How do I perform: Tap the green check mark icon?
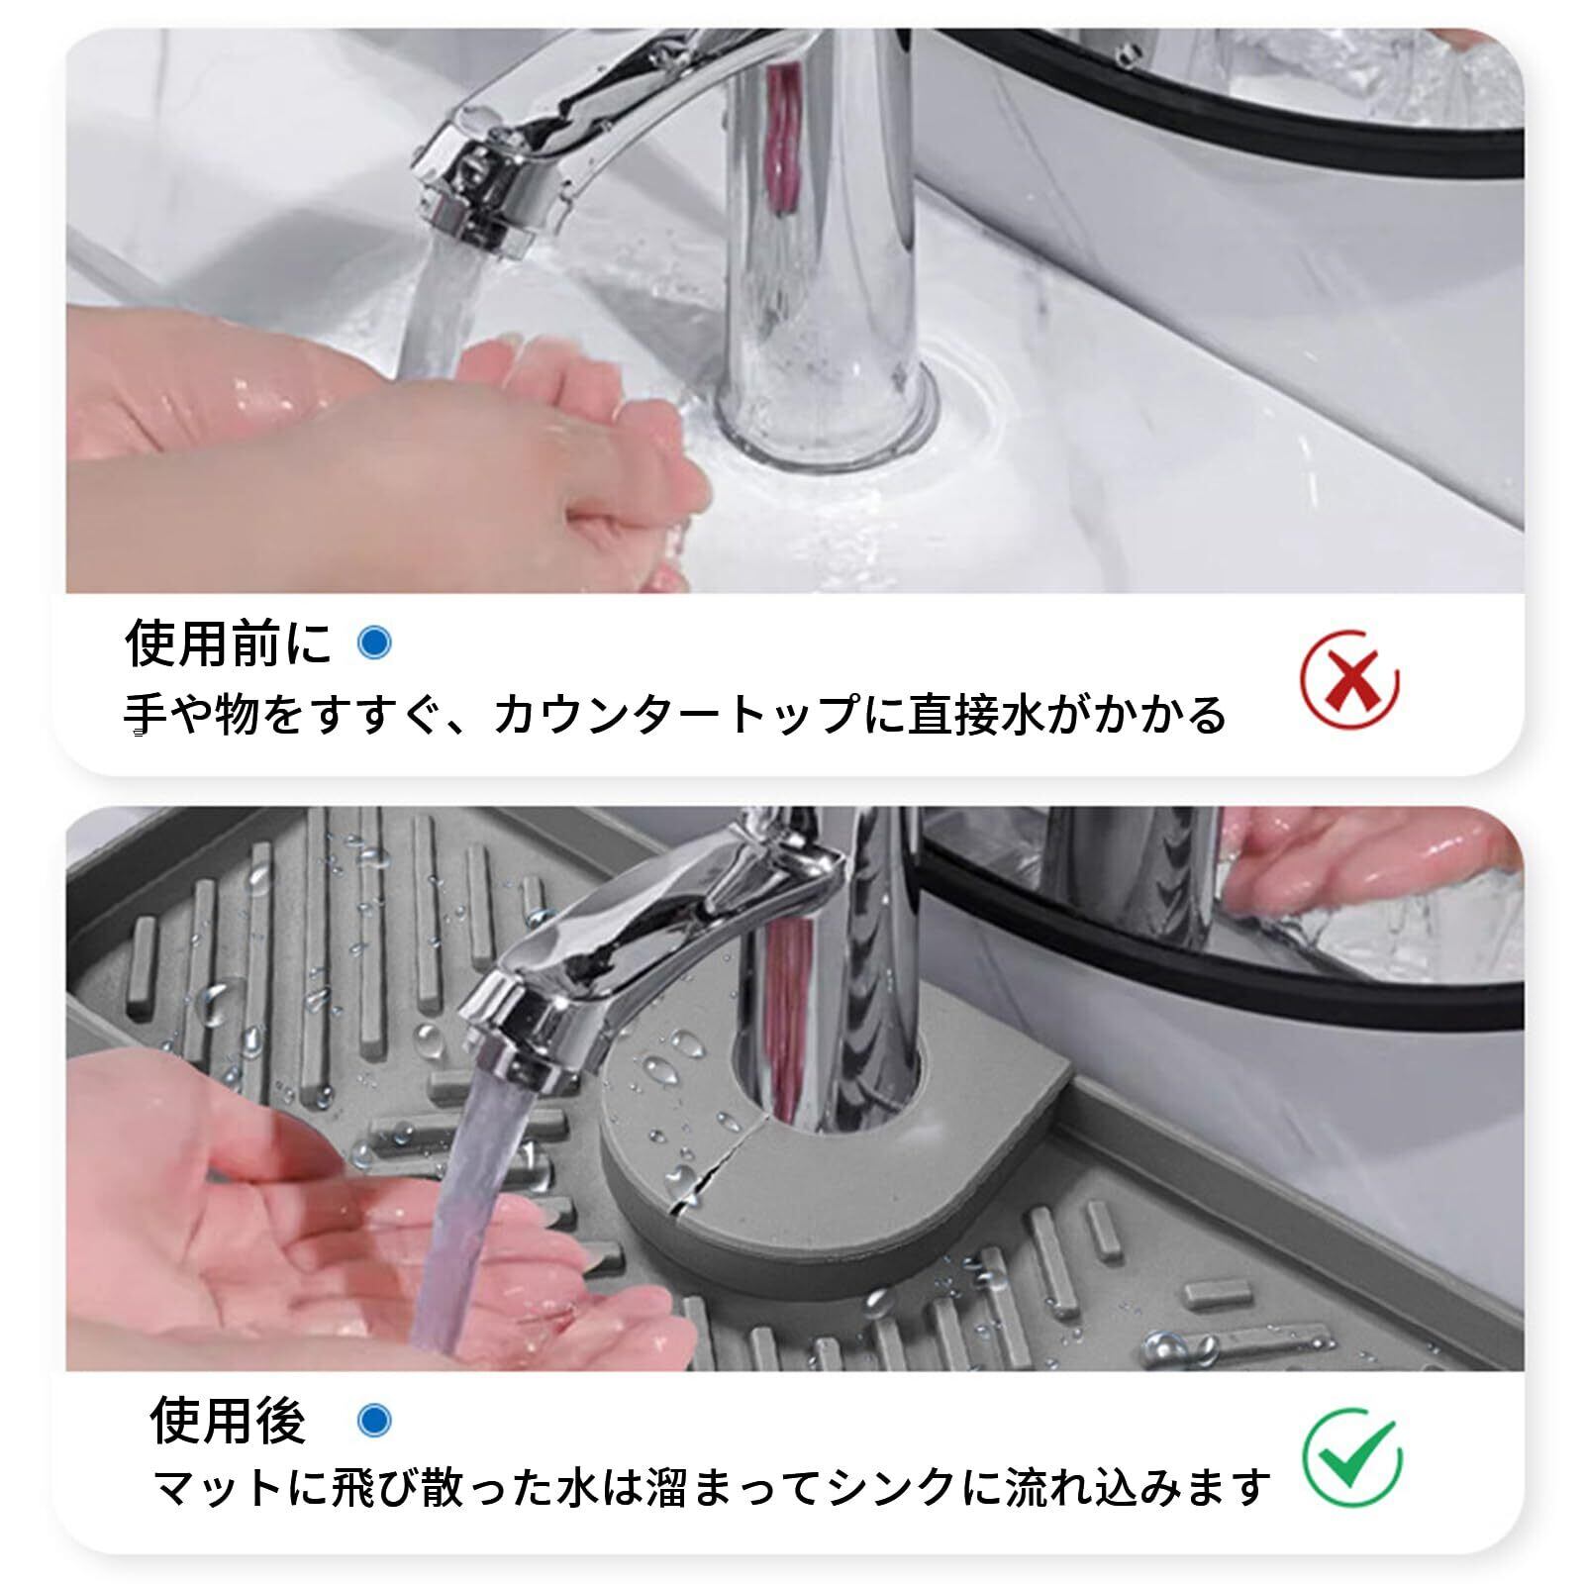pyautogui.click(x=1351, y=1457)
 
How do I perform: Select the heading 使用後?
pyautogui.click(x=228, y=1421)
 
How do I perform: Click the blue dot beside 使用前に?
pyautogui.click(x=374, y=643)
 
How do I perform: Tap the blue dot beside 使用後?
pyautogui.click(x=374, y=1421)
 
